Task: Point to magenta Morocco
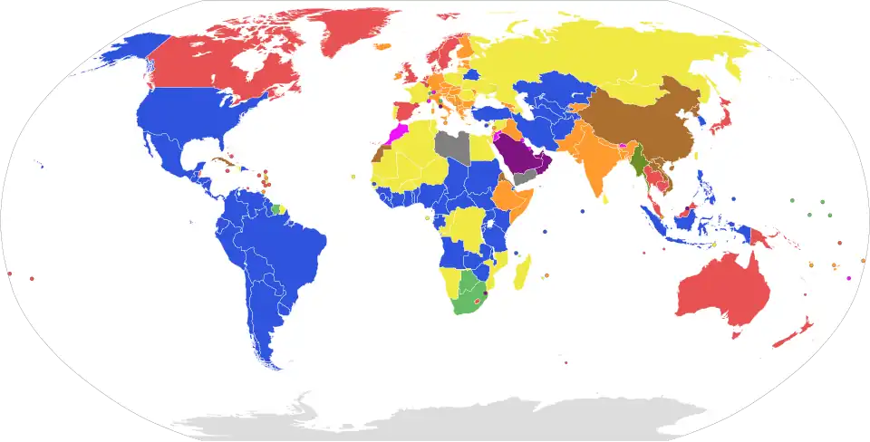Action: (395, 136)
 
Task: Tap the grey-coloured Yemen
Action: (524, 178)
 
